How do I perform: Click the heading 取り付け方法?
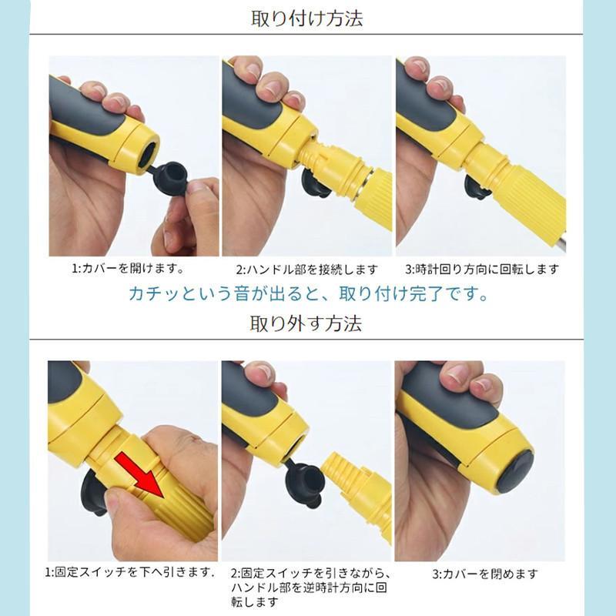coord(307,18)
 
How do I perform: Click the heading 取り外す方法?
coord(306,323)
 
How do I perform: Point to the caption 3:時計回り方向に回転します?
coord(482,269)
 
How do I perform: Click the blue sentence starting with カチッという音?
coord(308,294)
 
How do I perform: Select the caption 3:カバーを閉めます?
coord(484,574)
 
